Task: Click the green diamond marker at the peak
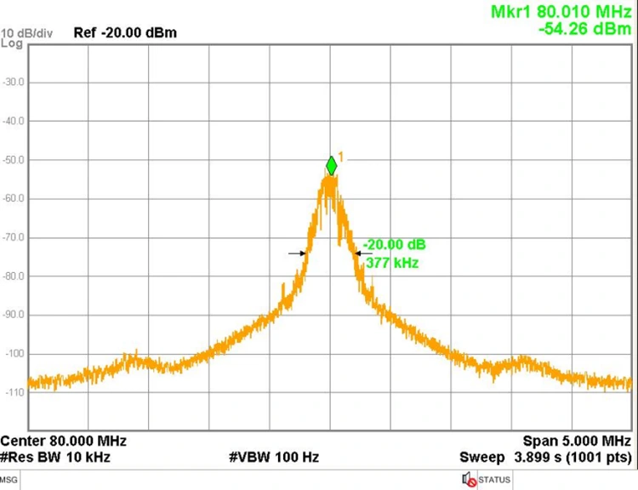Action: [331, 166]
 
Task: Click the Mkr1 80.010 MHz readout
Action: [562, 13]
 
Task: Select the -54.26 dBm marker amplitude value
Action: [586, 29]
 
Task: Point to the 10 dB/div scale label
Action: [27, 33]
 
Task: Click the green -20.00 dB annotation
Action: [394, 245]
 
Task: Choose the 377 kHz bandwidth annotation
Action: [392, 263]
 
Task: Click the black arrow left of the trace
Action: [296, 253]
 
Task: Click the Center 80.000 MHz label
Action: [64, 442]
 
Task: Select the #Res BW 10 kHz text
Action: [55, 458]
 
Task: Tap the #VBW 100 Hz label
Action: [274, 458]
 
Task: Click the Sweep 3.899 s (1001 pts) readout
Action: [546, 458]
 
